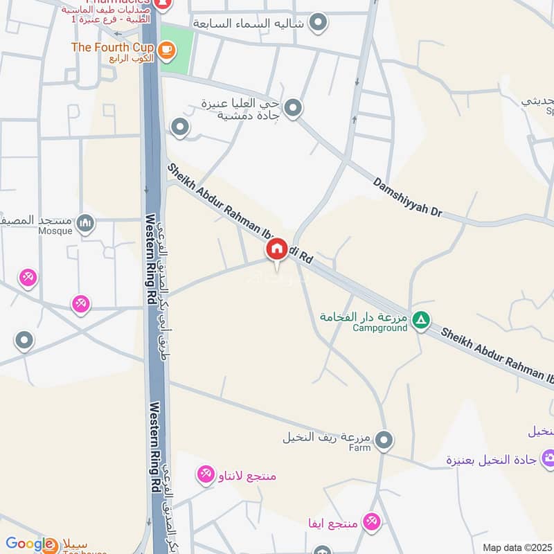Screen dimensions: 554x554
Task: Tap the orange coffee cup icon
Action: (166, 49)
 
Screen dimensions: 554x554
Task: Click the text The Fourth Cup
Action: (112, 47)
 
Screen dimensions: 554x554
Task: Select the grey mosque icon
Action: (85, 223)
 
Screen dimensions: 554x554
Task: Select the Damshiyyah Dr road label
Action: (407, 198)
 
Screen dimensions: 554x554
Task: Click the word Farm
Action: (359, 447)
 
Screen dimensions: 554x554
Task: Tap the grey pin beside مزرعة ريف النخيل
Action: (384, 439)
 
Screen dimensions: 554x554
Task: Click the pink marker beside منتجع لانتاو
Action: (205, 474)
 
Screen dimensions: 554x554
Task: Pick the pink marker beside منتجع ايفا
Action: (372, 521)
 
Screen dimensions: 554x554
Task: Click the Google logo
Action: (30, 545)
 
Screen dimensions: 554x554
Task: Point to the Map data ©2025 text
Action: (517, 547)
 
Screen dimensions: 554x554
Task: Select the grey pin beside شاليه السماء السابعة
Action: (318, 23)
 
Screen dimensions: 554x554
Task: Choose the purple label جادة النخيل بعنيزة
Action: (492, 460)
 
